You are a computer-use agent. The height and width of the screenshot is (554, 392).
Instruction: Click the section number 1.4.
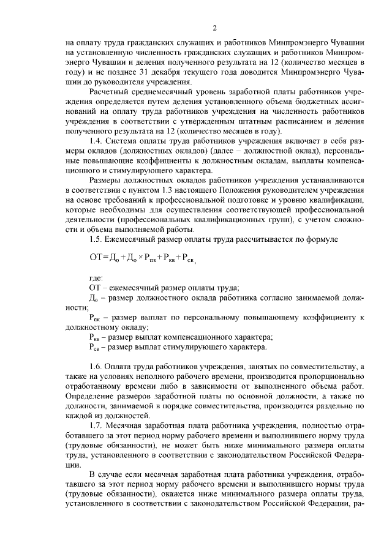pos(96,141)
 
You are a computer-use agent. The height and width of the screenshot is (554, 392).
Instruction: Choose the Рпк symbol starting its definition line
pos(96,318)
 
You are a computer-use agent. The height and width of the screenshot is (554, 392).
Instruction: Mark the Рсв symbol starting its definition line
pos(96,348)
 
